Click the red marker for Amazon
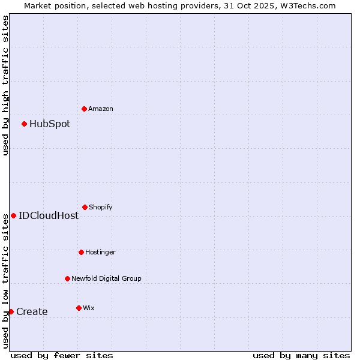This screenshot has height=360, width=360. [84, 109]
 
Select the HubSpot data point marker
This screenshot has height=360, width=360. [24, 124]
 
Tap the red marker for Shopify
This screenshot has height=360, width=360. [85, 207]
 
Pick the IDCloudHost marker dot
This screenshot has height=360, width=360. [13, 215]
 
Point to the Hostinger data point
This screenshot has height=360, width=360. [81, 252]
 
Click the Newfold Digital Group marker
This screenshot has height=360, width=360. [67, 278]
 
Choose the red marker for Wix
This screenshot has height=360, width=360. [79, 308]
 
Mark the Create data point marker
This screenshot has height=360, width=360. [11, 311]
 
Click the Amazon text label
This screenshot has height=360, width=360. [101, 109]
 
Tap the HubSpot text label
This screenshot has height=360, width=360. [50, 124]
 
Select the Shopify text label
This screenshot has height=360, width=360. [101, 207]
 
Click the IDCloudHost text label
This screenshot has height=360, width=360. [49, 215]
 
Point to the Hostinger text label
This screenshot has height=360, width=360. [100, 252]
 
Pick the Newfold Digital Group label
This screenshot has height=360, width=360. [106, 278]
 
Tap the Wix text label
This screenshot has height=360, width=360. [89, 308]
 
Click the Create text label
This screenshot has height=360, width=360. [32, 311]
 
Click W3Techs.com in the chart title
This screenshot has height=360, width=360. [306, 5]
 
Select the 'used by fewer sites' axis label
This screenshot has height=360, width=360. [62, 355]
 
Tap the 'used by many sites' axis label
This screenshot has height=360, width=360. [301, 355]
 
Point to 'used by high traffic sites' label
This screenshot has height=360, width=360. [5, 85]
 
